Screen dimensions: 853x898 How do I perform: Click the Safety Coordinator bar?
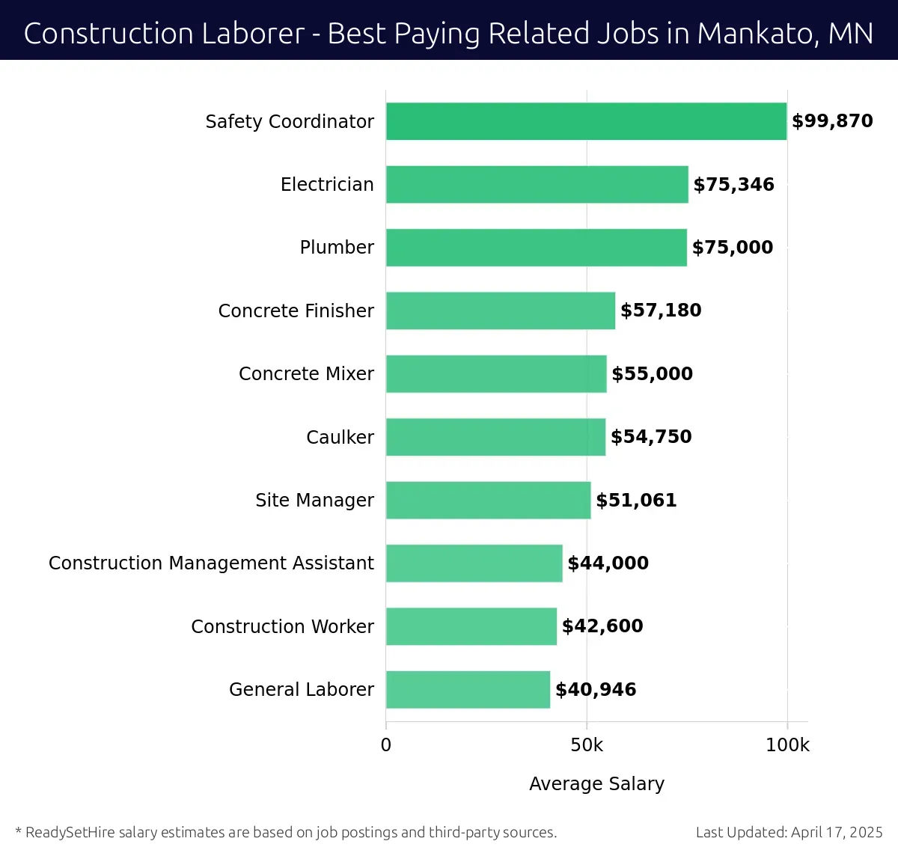586,121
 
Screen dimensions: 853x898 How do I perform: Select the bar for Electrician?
537,185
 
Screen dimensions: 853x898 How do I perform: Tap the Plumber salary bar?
536,248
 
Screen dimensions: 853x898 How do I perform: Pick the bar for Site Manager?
488,500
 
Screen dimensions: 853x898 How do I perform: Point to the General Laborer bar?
468,689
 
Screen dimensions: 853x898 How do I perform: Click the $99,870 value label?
832,121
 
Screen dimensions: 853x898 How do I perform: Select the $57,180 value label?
661,311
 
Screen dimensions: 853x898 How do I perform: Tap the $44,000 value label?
608,563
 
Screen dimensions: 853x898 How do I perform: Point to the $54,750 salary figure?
651,437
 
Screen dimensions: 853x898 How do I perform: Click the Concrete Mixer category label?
306,374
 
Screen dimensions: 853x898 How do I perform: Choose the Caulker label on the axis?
340,437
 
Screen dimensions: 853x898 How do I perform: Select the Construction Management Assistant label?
211,563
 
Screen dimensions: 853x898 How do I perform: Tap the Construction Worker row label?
282,626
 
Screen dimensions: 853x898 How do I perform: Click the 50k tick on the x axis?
586,745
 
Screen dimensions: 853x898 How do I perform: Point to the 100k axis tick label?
787,745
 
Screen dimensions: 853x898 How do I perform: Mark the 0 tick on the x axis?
386,745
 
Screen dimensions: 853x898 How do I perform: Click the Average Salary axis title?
596,783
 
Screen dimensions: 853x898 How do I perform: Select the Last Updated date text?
789,832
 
